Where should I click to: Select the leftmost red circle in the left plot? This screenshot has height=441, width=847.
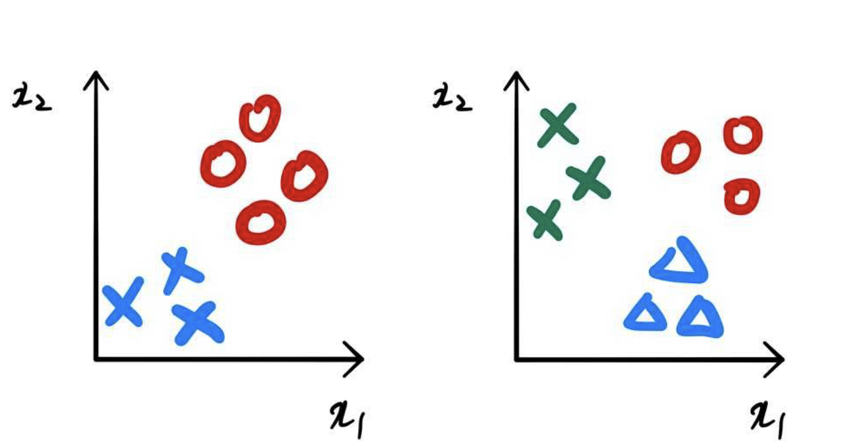coord(223,164)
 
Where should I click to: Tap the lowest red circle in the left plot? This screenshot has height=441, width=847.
coord(261,223)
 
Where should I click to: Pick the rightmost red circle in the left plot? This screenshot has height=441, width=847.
coord(304,176)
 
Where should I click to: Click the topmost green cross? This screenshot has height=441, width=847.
coord(557,125)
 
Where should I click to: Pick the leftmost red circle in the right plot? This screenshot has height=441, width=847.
coord(681,152)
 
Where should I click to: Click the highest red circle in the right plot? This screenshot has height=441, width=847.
coord(743,135)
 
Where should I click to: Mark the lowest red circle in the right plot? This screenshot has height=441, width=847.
coord(742,196)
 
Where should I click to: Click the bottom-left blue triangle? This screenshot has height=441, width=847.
coord(645,315)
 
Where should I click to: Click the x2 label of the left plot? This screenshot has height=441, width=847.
coord(32,98)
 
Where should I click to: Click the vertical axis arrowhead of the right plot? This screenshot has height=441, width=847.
coord(516,79)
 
